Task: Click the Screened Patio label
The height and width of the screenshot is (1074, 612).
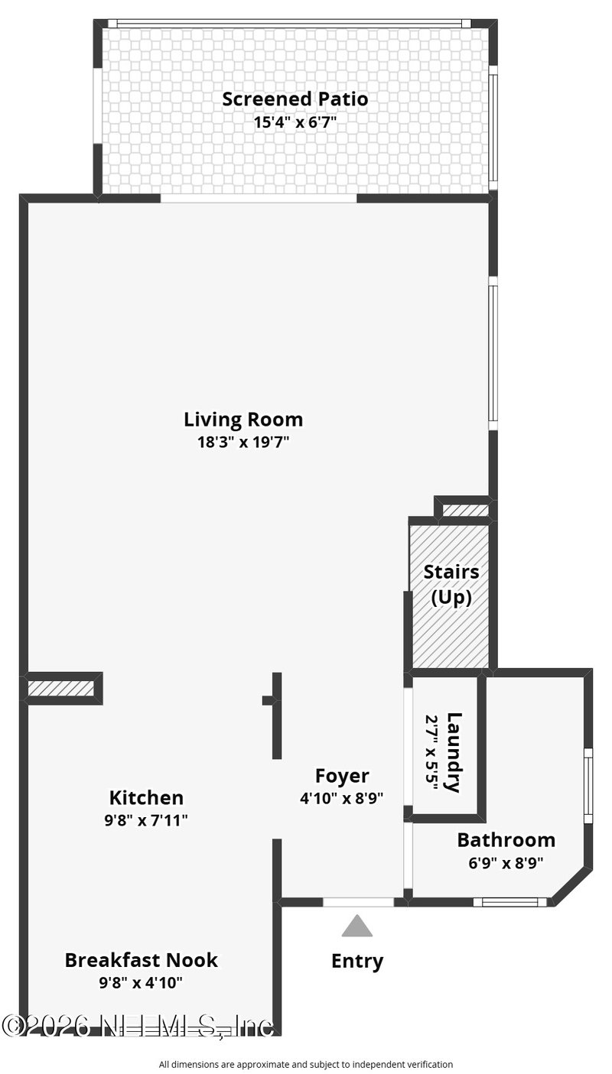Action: pyautogui.click(x=295, y=99)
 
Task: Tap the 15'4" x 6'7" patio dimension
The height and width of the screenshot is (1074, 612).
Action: pyautogui.click(x=295, y=122)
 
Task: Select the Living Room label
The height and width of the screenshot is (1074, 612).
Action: pyautogui.click(x=243, y=419)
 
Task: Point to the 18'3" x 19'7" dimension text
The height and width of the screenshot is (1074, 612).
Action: pyautogui.click(x=243, y=442)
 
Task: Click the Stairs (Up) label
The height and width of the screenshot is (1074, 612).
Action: pyautogui.click(x=451, y=585)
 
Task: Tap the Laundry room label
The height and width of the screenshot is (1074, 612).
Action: pyautogui.click(x=454, y=752)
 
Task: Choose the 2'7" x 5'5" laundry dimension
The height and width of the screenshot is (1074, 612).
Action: pyautogui.click(x=432, y=752)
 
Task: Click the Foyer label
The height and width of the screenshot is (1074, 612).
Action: pyautogui.click(x=342, y=776)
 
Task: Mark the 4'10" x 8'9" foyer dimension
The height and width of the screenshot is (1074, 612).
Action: pyautogui.click(x=341, y=798)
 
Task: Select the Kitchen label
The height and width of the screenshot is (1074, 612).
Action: pyautogui.click(x=146, y=798)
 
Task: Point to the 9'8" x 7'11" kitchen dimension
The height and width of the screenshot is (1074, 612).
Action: pyautogui.click(x=146, y=820)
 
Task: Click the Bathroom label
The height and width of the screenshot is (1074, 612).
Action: pyautogui.click(x=506, y=840)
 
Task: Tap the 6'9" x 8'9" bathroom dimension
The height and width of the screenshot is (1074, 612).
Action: pyautogui.click(x=506, y=863)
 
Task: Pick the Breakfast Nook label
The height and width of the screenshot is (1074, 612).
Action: pyautogui.click(x=141, y=960)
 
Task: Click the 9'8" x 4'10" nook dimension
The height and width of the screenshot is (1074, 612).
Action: pyautogui.click(x=141, y=983)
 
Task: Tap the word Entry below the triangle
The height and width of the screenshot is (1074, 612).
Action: pyautogui.click(x=357, y=962)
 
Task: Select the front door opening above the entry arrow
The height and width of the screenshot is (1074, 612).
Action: pyautogui.click(x=358, y=902)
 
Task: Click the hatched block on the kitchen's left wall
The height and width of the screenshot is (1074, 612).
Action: pyautogui.click(x=60, y=689)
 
